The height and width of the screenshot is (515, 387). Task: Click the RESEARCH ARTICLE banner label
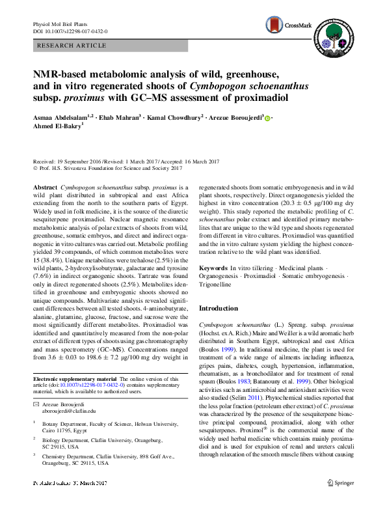coord(72,45)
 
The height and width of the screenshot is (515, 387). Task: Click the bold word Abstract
coord(45,186)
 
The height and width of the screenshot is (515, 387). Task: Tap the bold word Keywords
coord(213,268)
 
